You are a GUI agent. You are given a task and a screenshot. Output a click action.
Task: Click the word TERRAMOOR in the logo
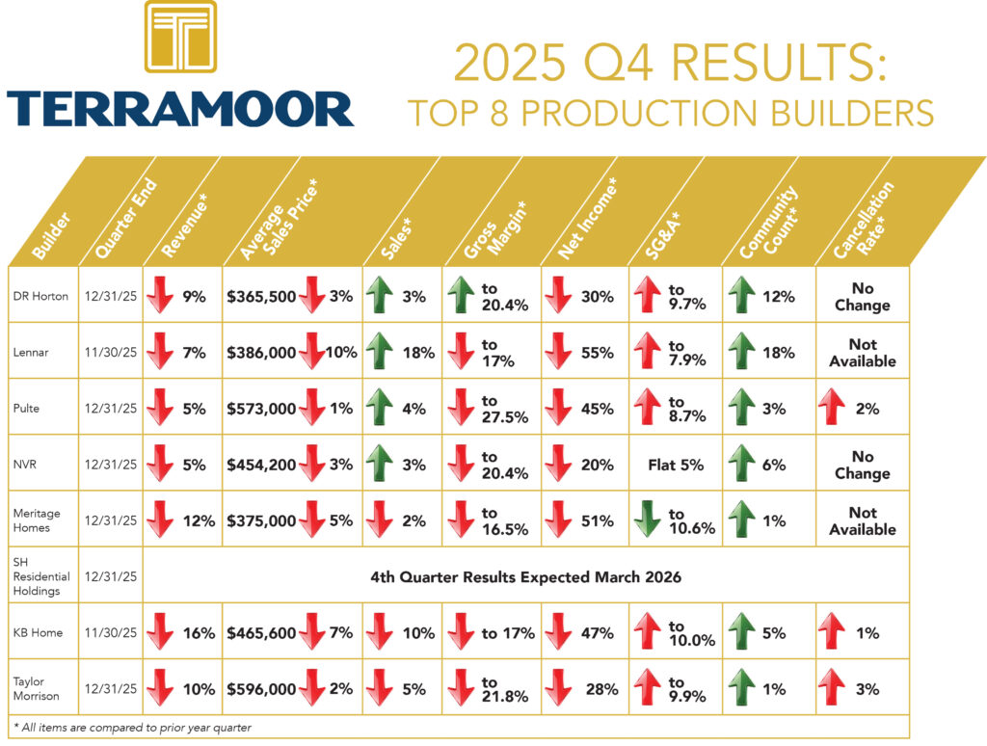(x=180, y=108)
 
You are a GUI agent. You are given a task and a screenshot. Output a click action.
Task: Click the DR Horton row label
(x=41, y=296)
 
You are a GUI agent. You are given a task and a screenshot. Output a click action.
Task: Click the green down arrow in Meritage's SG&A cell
(x=650, y=520)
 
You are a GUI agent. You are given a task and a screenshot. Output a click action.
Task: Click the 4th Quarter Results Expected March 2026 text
(x=525, y=577)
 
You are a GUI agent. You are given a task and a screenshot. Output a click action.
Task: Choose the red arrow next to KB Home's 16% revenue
(x=161, y=633)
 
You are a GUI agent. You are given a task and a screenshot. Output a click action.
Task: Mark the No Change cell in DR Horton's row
(x=863, y=296)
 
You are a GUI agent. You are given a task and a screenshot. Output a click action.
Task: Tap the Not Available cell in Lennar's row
(x=863, y=353)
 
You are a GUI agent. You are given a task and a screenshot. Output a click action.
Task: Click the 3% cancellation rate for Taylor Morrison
(x=867, y=689)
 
